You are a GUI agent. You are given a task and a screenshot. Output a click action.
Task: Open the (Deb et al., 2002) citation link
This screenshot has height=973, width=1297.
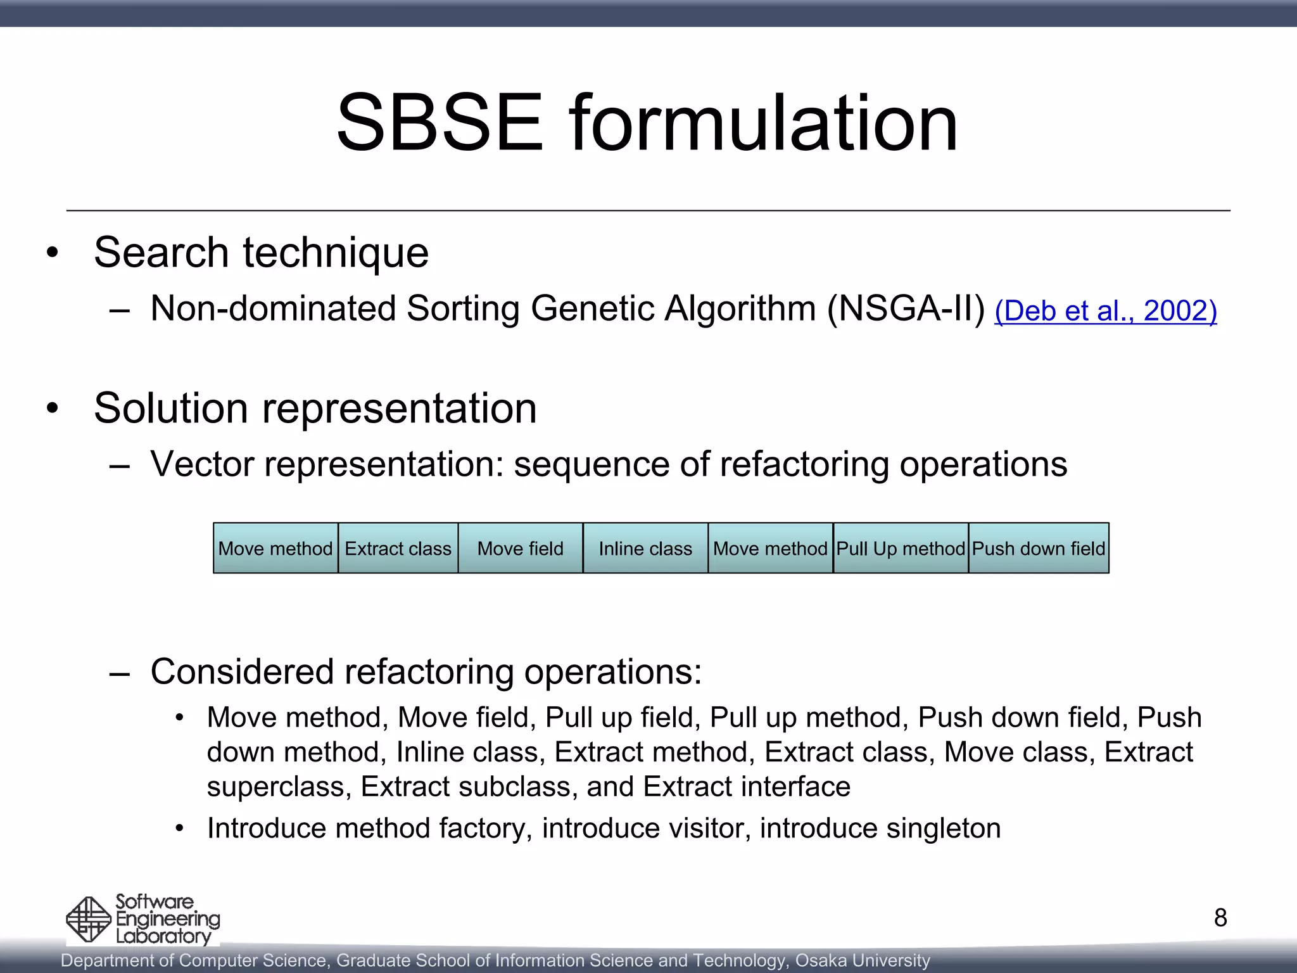[x=1105, y=311]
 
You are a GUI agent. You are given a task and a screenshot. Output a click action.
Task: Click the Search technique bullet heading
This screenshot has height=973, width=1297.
[x=261, y=253]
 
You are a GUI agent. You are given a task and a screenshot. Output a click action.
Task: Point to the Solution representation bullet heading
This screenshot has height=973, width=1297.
[x=315, y=408]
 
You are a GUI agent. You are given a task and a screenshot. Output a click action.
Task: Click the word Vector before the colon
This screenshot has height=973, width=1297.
[x=203, y=464]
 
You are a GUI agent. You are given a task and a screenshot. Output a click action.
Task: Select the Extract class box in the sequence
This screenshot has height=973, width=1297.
[x=398, y=549]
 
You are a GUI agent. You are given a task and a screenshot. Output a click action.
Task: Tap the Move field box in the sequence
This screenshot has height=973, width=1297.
[x=520, y=549]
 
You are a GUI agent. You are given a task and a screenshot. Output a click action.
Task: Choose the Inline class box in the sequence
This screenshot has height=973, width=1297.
[x=645, y=549]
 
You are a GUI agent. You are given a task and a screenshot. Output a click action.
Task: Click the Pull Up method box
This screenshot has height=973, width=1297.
[x=901, y=549]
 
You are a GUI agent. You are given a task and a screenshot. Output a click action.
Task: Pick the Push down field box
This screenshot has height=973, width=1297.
[x=1039, y=549]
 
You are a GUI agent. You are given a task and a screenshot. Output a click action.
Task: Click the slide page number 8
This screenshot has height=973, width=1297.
[x=1220, y=918]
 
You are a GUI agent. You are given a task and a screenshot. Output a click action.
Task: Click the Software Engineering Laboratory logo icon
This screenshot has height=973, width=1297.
[x=89, y=919]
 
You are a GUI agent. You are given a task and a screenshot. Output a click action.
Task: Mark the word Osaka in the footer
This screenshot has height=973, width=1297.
[x=821, y=961]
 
